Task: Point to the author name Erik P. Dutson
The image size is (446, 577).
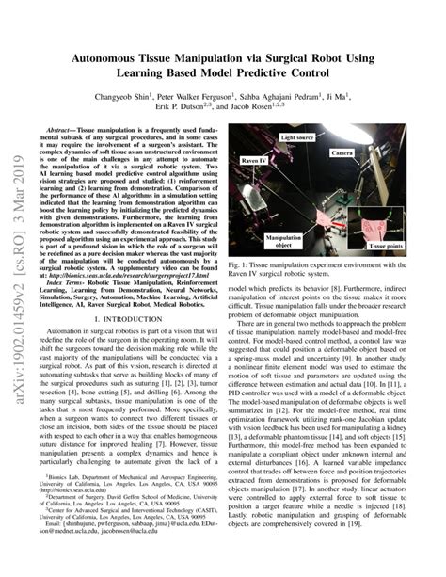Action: click(x=199, y=110)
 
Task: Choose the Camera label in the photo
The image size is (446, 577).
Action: click(x=342, y=152)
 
